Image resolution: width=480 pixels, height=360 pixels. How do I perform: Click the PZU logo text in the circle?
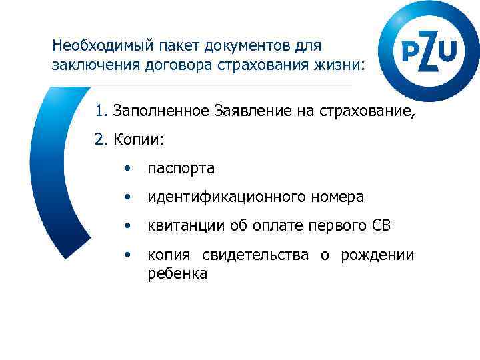(429, 51)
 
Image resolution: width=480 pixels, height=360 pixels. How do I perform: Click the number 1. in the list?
(101, 110)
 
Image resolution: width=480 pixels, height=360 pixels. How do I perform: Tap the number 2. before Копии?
(102, 140)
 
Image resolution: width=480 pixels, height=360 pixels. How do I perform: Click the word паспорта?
(181, 169)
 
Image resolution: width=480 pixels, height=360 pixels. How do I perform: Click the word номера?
(337, 197)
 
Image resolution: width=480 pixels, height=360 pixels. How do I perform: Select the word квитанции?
(182, 226)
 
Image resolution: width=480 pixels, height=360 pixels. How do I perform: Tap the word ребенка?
(177, 273)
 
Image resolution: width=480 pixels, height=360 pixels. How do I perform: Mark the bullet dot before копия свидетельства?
(127, 255)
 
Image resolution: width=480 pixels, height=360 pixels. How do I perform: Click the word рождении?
(377, 255)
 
